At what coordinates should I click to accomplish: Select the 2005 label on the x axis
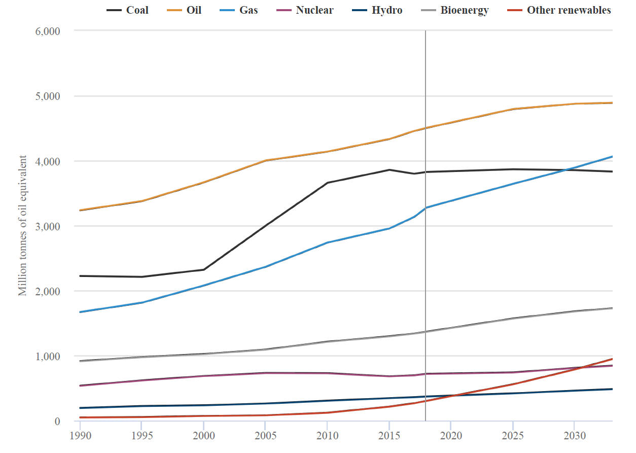pos(265,436)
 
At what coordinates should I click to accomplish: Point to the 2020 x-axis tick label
pos(450,436)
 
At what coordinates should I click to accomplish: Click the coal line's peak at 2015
pos(389,170)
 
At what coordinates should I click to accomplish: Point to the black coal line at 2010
pos(327,183)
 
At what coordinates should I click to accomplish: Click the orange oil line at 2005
pos(265,160)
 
